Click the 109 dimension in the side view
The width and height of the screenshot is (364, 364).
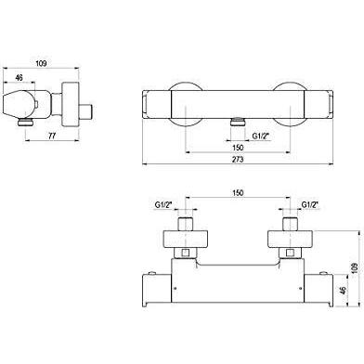pos(41,63)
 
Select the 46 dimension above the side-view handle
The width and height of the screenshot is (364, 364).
pos(19,78)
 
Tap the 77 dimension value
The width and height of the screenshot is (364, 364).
pos(52,136)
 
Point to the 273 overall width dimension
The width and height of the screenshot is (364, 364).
pos(238,160)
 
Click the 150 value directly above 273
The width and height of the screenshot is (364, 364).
pos(238,148)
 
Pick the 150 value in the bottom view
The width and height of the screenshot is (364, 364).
pos(238,192)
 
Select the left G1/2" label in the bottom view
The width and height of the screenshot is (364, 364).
pos(163,204)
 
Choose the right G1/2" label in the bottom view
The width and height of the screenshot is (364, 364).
pos(310,204)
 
